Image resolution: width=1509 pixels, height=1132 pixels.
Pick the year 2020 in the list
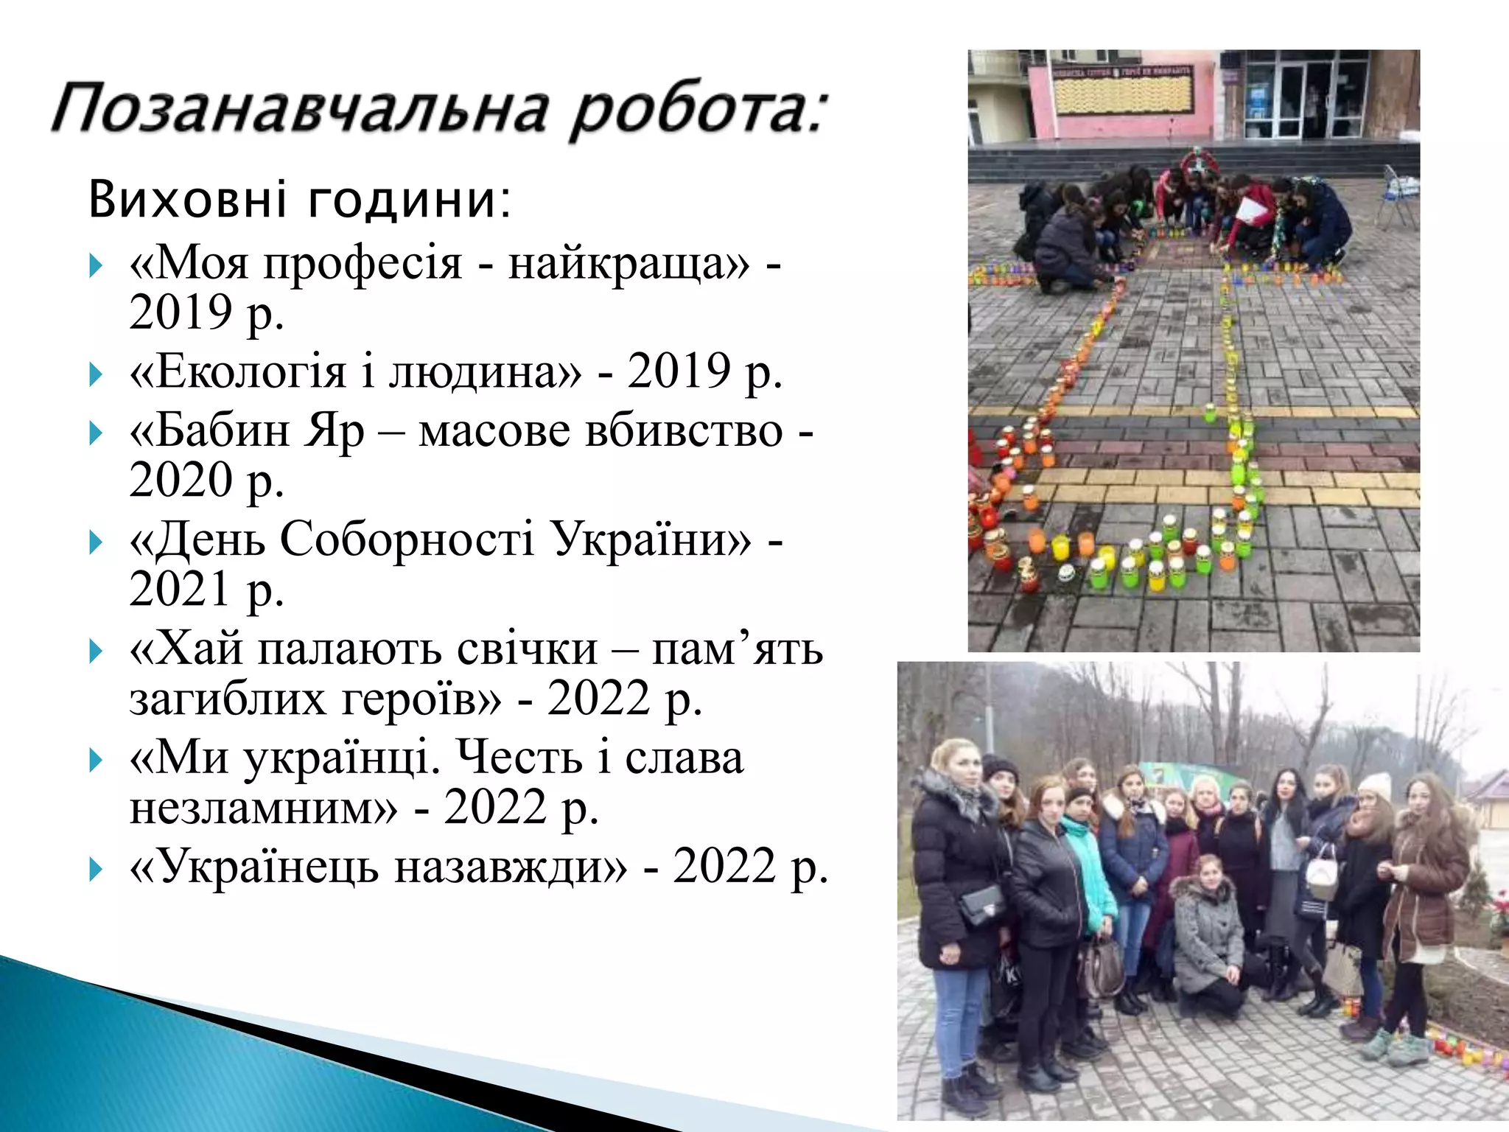point(181,480)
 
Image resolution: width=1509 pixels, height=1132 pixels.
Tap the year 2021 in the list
point(181,589)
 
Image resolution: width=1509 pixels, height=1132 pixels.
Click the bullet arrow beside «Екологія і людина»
point(95,374)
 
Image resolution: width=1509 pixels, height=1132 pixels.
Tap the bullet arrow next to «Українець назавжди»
point(95,870)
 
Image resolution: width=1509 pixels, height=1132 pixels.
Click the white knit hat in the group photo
point(1375,786)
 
